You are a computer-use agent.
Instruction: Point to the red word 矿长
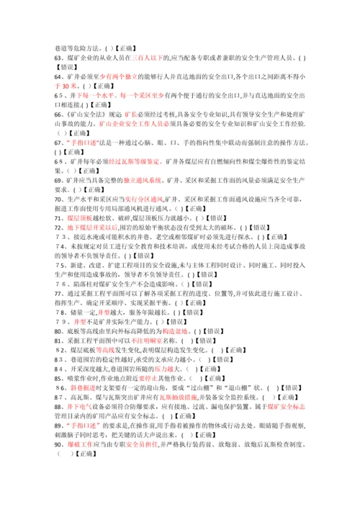click(x=130, y=113)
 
